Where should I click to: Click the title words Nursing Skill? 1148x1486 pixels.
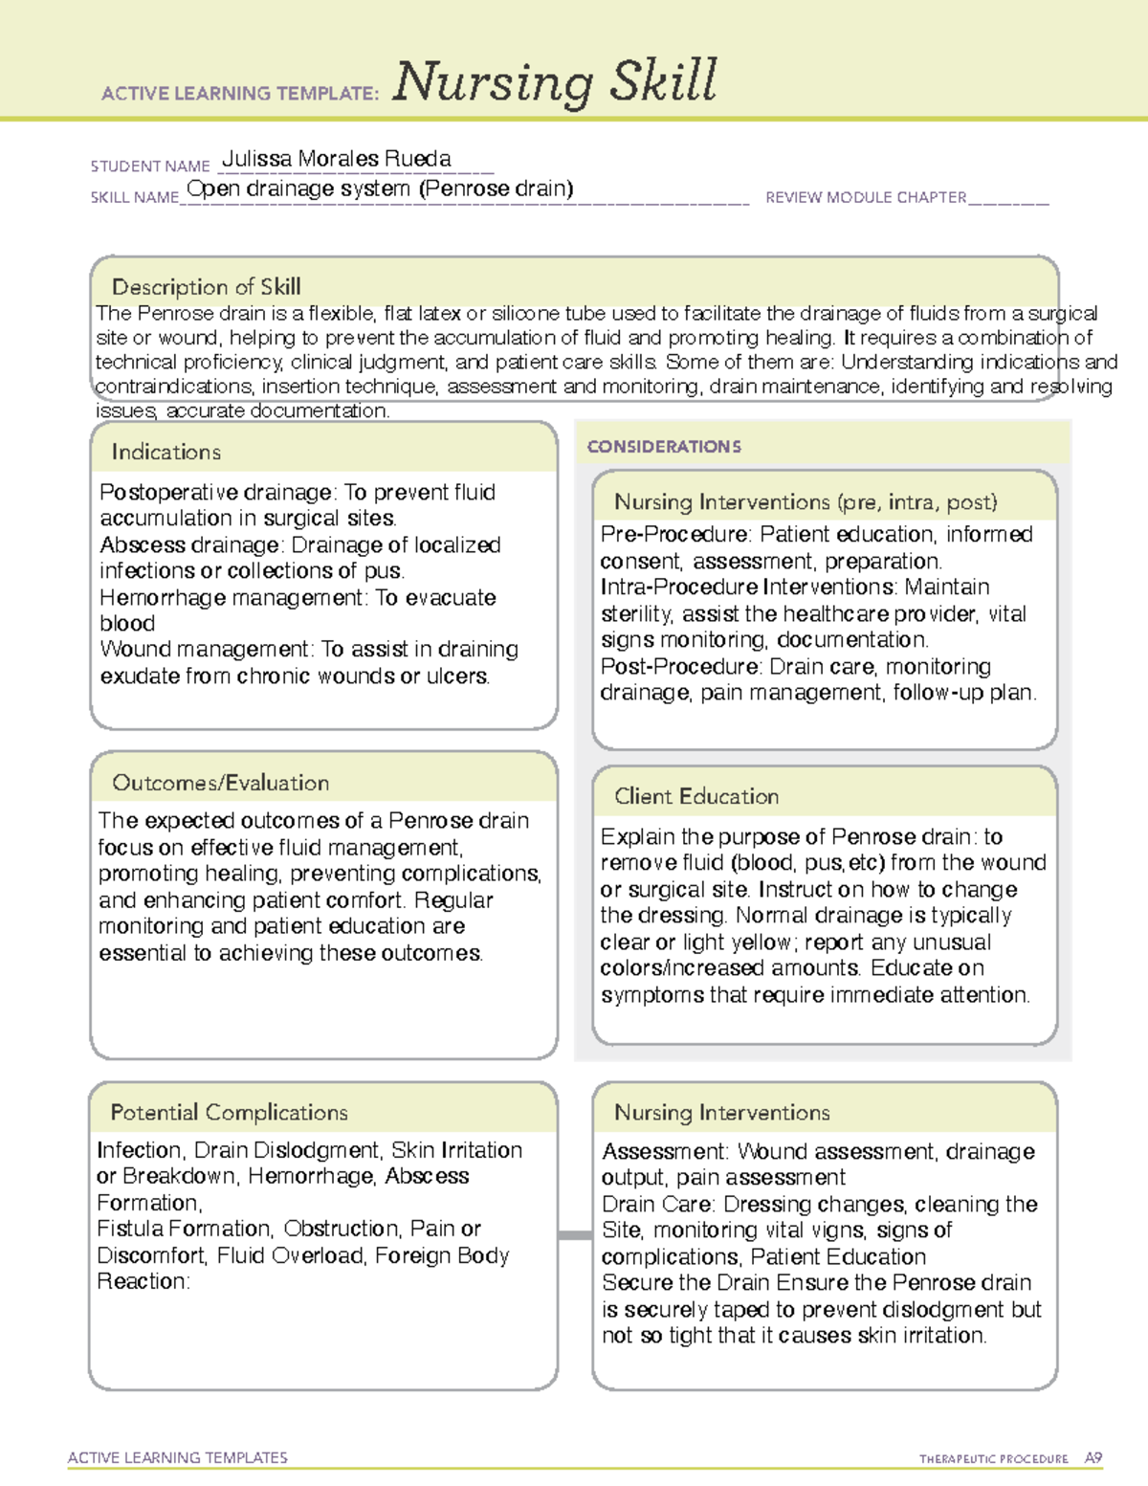(x=554, y=82)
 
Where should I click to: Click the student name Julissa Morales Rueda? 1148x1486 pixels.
(x=336, y=159)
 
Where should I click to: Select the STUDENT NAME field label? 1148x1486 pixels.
(x=150, y=166)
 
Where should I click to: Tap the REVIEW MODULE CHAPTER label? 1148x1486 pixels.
(x=866, y=198)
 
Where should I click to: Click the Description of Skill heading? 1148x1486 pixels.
(x=206, y=287)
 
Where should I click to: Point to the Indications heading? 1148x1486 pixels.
(x=166, y=452)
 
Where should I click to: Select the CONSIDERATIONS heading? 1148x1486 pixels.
(x=664, y=447)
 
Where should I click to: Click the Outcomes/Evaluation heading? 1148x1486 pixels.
(x=220, y=783)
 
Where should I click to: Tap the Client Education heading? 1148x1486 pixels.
(x=696, y=796)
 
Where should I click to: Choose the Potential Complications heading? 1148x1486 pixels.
(x=229, y=1113)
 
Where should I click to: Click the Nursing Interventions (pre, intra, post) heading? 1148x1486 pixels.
(x=806, y=502)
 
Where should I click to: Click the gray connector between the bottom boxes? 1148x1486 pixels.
(x=575, y=1235)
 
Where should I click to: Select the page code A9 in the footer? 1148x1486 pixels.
(x=1093, y=1458)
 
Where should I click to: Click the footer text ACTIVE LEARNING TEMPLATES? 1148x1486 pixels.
(x=178, y=1457)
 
